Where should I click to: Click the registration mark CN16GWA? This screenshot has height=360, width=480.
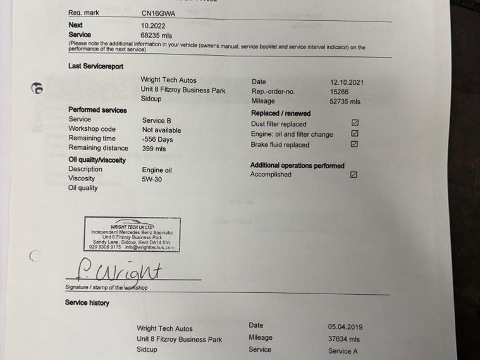point(159,13)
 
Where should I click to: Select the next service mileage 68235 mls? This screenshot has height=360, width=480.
point(156,35)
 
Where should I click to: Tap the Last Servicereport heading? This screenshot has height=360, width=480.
point(95,66)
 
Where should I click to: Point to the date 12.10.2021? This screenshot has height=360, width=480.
point(347,82)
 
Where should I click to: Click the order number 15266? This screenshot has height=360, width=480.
point(339,92)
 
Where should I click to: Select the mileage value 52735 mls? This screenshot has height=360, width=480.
point(345,101)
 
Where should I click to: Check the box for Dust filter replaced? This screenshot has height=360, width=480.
point(355,123)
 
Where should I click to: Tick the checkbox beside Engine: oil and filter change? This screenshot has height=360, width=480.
point(355,133)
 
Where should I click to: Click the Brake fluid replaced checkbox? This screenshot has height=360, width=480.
point(354,144)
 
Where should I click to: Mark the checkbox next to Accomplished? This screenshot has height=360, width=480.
point(354,175)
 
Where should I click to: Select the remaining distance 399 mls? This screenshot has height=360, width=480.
point(154,149)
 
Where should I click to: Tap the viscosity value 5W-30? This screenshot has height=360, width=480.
point(151,180)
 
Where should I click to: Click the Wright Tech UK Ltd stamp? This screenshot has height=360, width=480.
point(132,235)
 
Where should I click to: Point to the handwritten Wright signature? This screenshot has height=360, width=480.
point(126,271)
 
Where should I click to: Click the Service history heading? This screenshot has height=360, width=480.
point(87,302)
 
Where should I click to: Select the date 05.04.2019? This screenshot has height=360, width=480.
point(345,327)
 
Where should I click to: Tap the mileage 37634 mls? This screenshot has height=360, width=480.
point(344,339)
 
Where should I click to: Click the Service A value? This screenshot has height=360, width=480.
point(343,351)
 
